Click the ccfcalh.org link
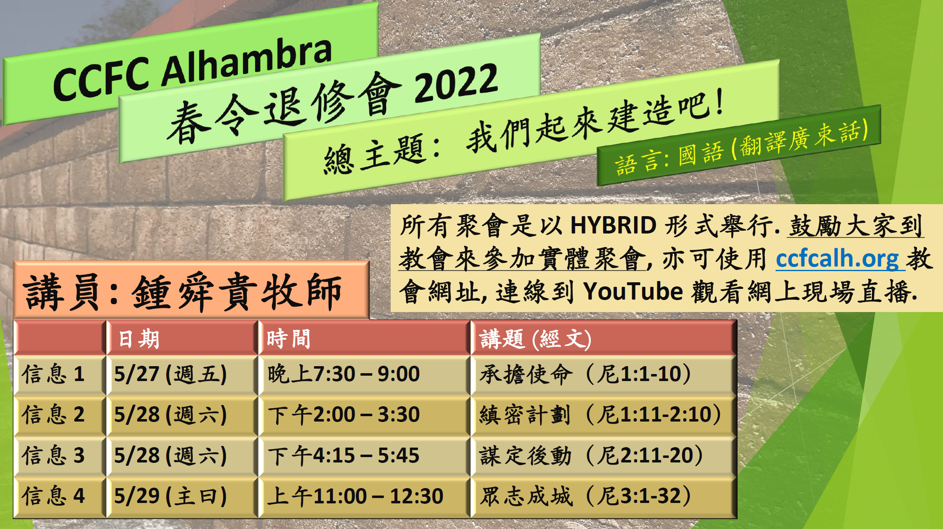coord(837,259)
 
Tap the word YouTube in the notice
coord(633,291)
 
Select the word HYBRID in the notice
coord(614,226)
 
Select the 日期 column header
coord(138,339)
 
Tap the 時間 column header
coord(289,339)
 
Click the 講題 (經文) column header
coord(535,339)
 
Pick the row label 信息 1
coord(53,374)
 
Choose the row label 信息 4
coord(53,496)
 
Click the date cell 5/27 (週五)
coord(170,374)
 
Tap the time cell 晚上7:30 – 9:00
coord(344,374)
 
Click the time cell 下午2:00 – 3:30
coord(344,415)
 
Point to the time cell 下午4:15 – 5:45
coord(344,455)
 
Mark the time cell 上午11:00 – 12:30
coord(355,496)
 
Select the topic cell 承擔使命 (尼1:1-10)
coord(585,374)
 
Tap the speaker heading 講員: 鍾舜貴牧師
coord(183,292)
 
